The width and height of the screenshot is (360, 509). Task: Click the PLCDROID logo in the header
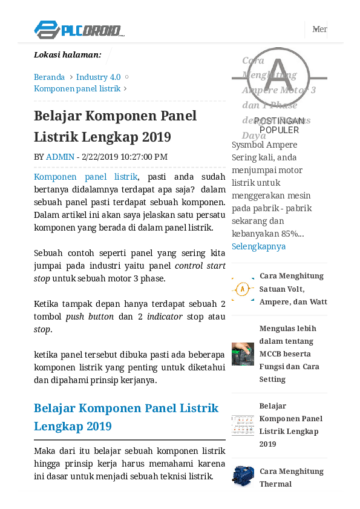pyautogui.click(x=79, y=29)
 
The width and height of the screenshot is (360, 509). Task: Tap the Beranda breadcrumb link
pyautogui.click(x=49, y=77)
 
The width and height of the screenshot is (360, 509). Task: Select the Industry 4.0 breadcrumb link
pyautogui.click(x=98, y=77)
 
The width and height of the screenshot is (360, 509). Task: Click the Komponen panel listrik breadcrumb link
pyautogui.click(x=77, y=88)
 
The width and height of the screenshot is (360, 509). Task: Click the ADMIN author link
pyautogui.click(x=60, y=157)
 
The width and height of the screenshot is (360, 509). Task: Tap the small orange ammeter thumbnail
pyautogui.click(x=243, y=289)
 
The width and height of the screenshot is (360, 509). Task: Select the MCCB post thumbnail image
pyautogui.click(x=243, y=354)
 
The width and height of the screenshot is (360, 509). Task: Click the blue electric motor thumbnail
pyautogui.click(x=243, y=476)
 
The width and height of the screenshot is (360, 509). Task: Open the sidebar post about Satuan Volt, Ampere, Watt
pyautogui.click(x=293, y=289)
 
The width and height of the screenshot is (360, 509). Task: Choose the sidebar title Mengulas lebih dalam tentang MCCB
pyautogui.click(x=289, y=353)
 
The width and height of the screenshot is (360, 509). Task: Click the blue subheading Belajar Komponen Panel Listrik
pyautogui.click(x=126, y=417)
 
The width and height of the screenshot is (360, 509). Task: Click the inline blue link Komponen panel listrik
pyautogui.click(x=85, y=177)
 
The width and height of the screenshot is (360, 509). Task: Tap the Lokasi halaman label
pyautogui.click(x=67, y=55)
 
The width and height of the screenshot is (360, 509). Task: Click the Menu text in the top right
pyautogui.click(x=319, y=29)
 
